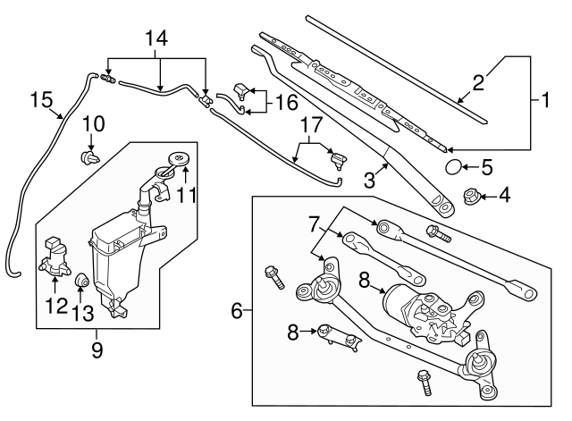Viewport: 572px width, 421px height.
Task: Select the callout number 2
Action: point(480,84)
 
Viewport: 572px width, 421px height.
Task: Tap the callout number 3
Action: point(368,180)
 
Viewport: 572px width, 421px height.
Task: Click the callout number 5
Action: point(487,166)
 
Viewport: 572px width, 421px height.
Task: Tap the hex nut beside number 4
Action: point(470,194)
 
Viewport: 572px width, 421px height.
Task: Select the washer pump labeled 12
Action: point(55,257)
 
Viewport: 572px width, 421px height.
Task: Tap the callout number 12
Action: point(55,304)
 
